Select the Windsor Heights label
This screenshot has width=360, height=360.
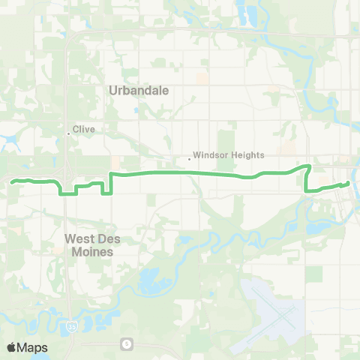point(229,155)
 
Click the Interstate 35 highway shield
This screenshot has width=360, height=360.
point(70,328)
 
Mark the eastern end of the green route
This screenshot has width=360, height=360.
point(349,182)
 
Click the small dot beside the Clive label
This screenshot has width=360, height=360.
point(69,133)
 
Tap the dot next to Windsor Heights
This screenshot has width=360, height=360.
point(189,158)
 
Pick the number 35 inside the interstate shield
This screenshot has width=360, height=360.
point(70,328)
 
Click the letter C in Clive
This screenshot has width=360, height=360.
point(75,128)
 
